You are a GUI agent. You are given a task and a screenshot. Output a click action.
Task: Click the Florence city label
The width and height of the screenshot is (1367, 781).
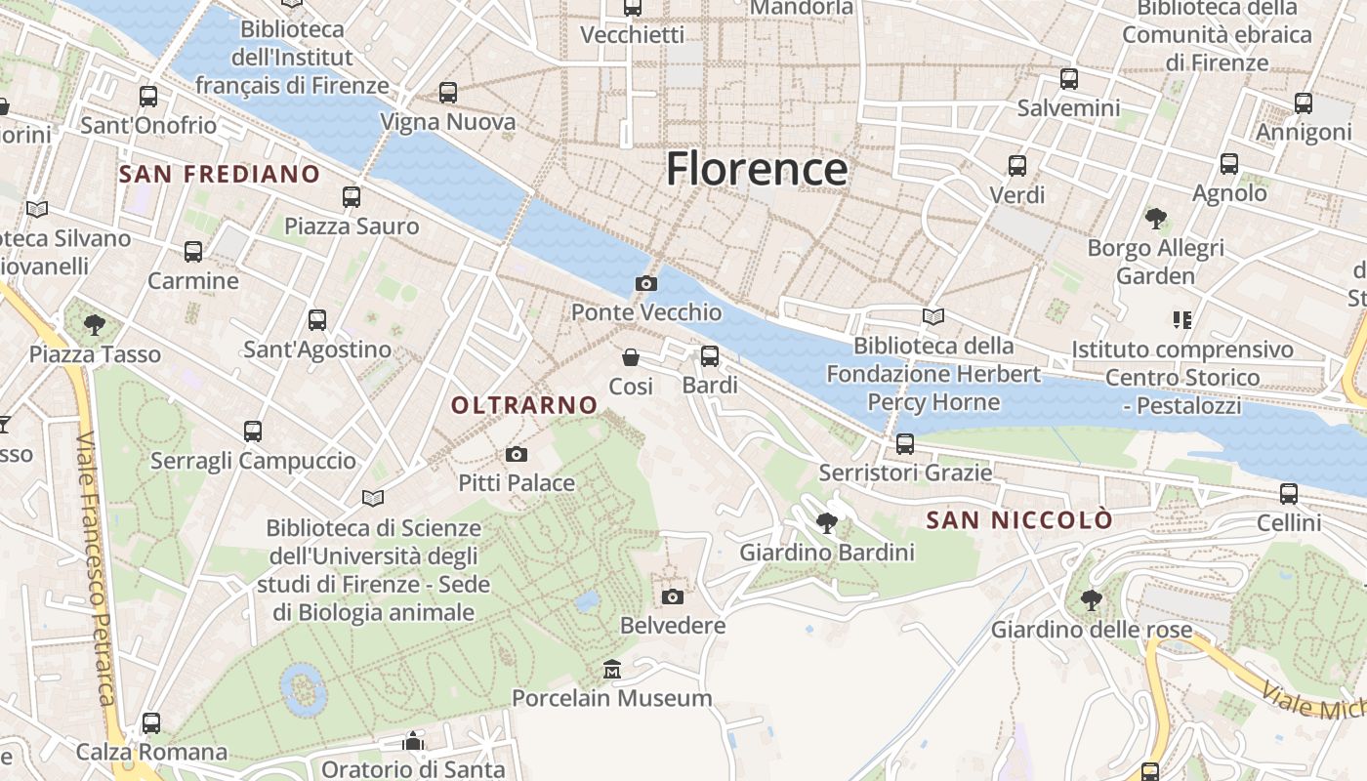pos(757,169)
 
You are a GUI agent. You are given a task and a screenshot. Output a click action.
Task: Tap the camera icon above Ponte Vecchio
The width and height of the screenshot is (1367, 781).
pos(645,284)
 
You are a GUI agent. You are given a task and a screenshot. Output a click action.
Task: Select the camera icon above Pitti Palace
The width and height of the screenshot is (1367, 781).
pos(517,454)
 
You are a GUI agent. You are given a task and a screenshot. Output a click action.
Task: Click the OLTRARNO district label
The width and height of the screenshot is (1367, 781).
pos(524,404)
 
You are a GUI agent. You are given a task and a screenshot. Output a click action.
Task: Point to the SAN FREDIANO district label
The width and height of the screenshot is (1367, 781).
pos(220,175)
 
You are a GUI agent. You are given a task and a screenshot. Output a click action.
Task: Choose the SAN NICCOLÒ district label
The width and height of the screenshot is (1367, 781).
pos(1019,520)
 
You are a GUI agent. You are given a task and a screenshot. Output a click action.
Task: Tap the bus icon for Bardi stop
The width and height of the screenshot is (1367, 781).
pos(710,356)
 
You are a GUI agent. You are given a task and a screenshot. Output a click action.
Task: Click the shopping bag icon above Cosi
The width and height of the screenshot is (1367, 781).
pos(631,357)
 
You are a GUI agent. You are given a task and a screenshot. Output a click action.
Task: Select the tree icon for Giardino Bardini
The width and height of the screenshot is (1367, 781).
pos(827,523)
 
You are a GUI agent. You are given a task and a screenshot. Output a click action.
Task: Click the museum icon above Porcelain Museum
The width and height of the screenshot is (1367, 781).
pos(612,670)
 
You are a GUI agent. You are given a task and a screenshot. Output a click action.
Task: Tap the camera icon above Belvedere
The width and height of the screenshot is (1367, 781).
pos(673,596)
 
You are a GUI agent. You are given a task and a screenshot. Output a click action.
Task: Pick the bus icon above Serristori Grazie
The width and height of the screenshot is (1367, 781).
pos(905,444)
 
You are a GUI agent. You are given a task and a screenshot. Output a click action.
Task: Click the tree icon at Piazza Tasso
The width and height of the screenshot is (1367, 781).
pos(95,324)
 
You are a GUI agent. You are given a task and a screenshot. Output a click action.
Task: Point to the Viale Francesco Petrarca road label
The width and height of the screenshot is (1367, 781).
pos(97,566)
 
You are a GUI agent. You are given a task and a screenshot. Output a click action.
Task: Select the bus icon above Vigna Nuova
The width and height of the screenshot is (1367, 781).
pos(448,93)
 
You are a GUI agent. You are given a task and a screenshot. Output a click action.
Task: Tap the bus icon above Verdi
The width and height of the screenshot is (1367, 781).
pos(1017,166)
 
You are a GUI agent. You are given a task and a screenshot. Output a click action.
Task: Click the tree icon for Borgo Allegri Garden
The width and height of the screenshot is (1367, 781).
pos(1156,218)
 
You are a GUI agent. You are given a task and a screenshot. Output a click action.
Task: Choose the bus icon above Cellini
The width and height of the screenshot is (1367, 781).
pos(1289,494)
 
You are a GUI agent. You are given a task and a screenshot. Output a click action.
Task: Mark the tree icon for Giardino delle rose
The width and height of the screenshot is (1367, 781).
pos(1092,600)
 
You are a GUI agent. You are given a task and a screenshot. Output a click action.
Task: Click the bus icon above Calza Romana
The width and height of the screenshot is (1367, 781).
pos(151,723)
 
